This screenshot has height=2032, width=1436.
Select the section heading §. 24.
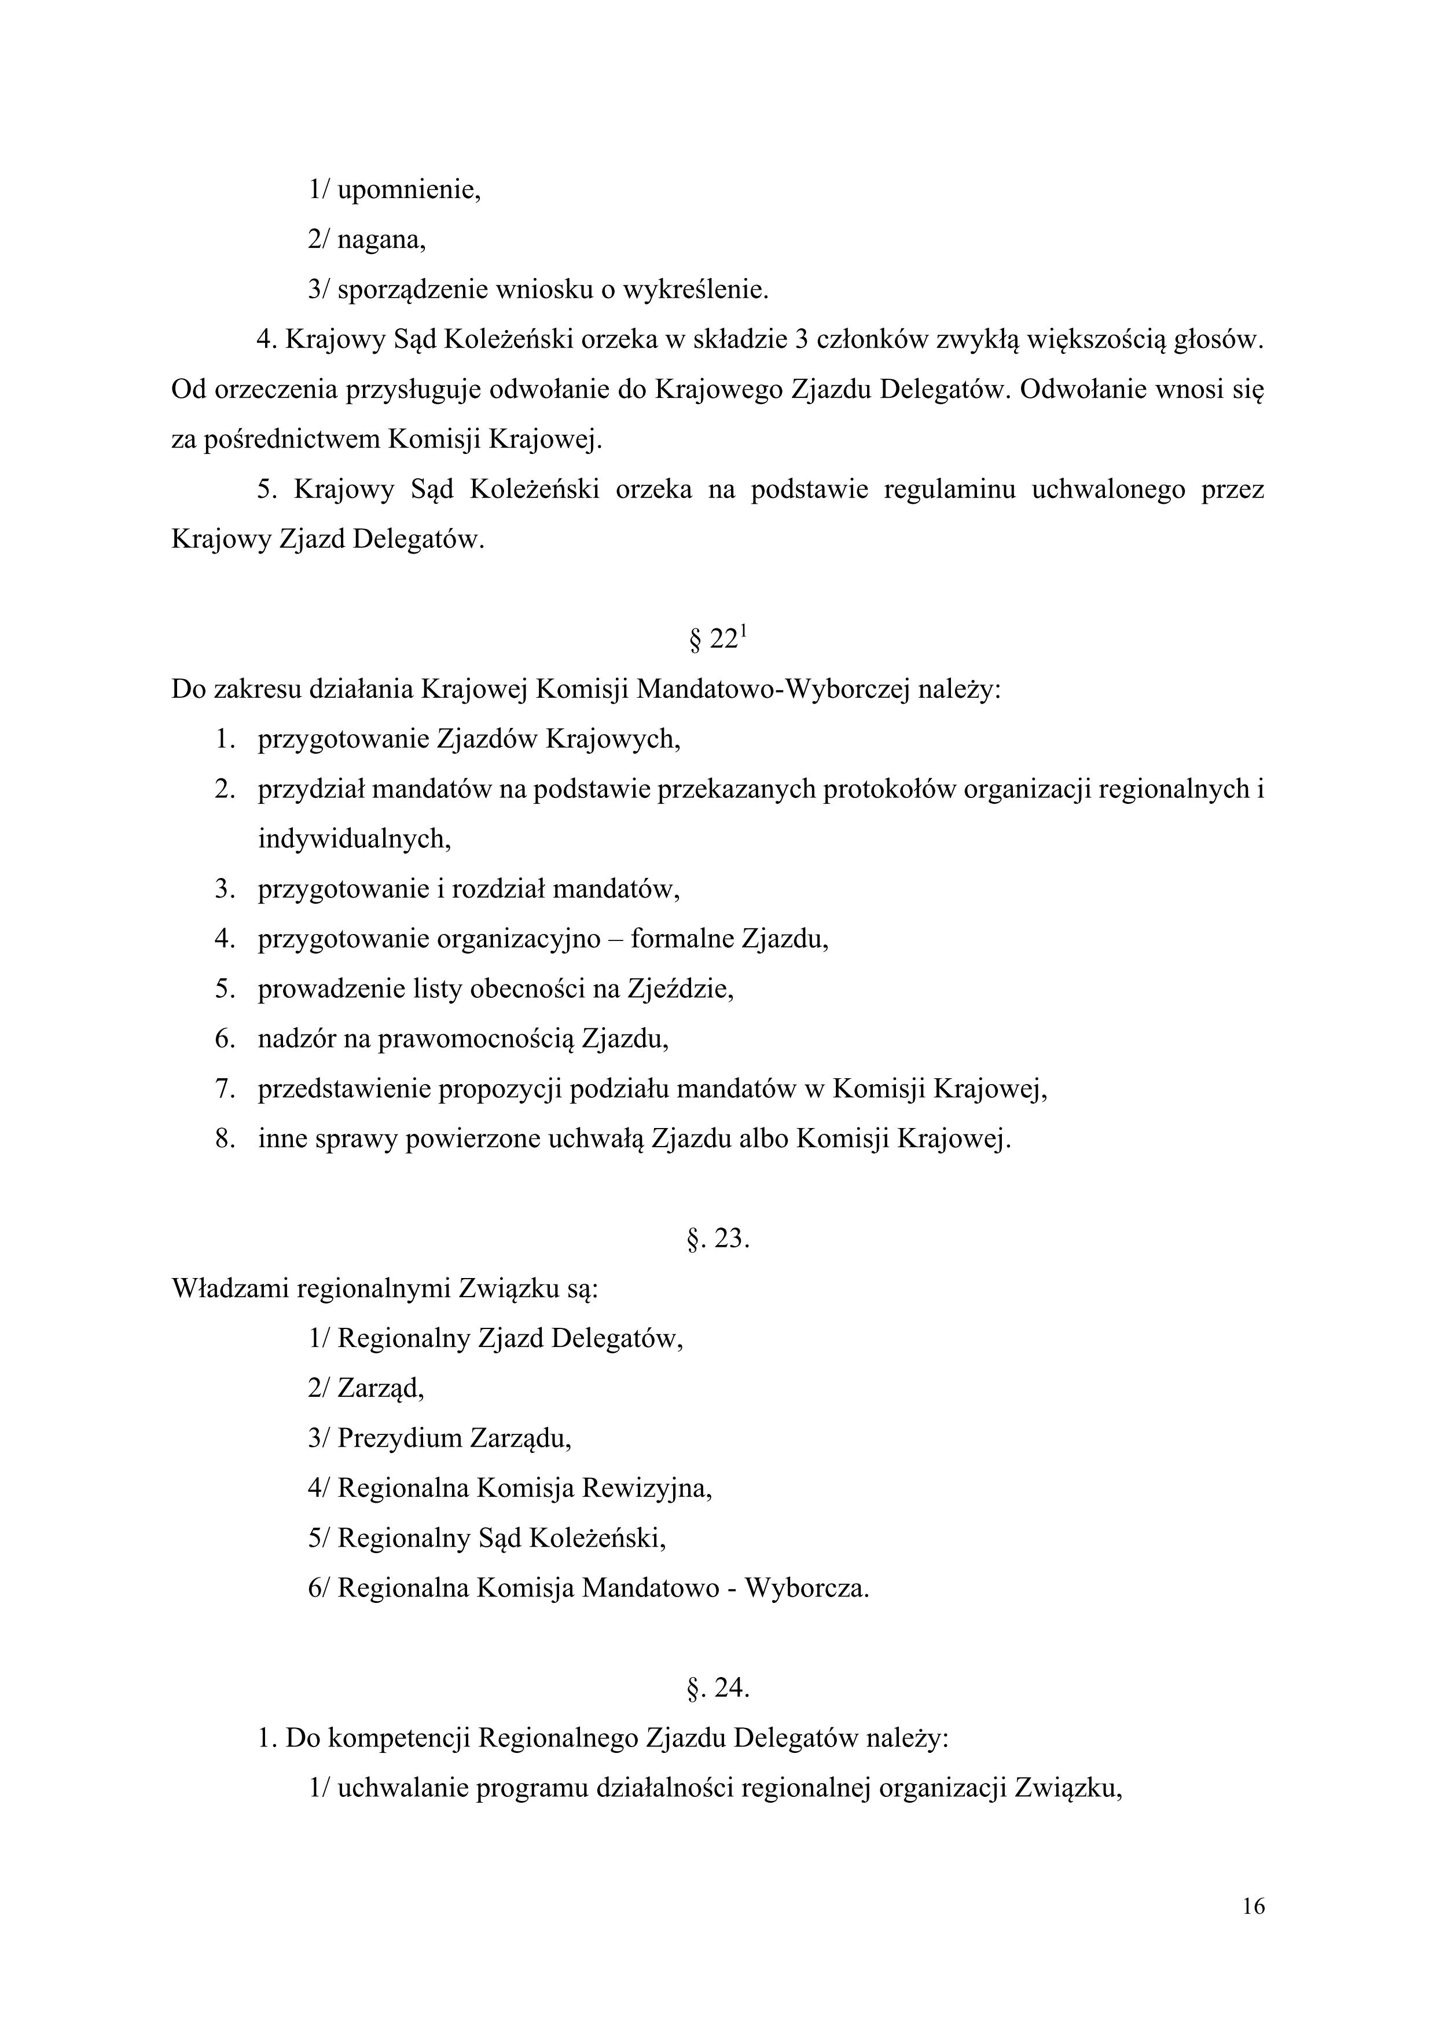[x=718, y=1689]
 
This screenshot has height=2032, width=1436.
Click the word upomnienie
[x=409, y=191]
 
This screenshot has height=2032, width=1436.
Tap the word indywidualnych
[x=354, y=838]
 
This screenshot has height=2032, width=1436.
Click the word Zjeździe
[x=681, y=988]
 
